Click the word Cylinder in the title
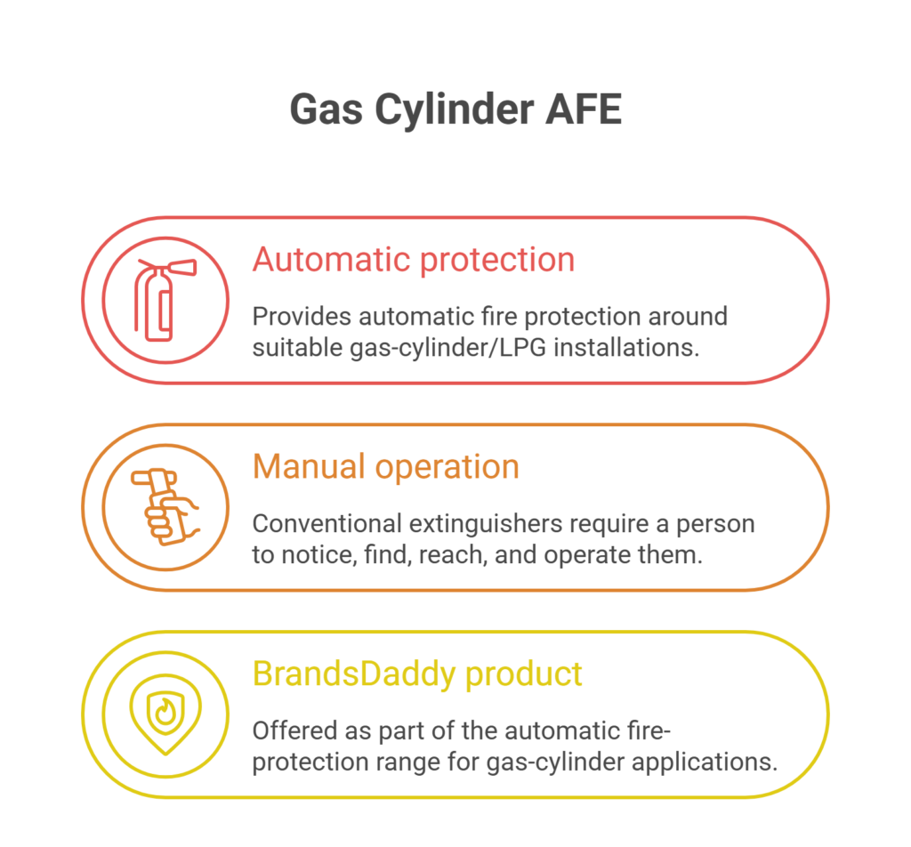click(x=455, y=110)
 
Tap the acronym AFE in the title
click(x=584, y=109)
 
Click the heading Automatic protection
click(x=414, y=260)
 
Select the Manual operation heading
click(x=386, y=467)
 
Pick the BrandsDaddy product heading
click(x=417, y=674)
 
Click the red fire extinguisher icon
click(x=165, y=300)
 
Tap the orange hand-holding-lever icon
click(x=165, y=506)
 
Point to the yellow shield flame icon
click(x=165, y=714)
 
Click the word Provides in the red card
click(x=302, y=317)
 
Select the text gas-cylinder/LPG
click(x=448, y=348)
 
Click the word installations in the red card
click(x=626, y=347)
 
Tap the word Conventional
click(x=327, y=524)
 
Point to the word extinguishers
click(x=486, y=525)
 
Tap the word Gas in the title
click(x=327, y=110)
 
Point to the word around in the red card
click(x=688, y=317)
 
